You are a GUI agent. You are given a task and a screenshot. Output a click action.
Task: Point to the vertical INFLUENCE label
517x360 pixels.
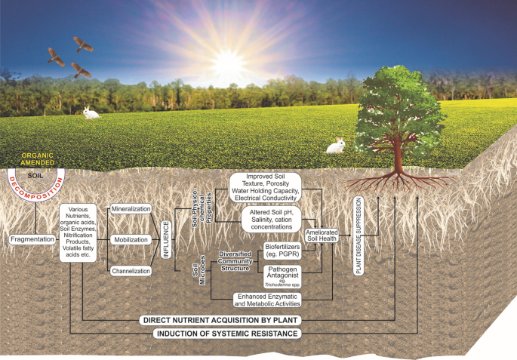[x=167, y=238]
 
